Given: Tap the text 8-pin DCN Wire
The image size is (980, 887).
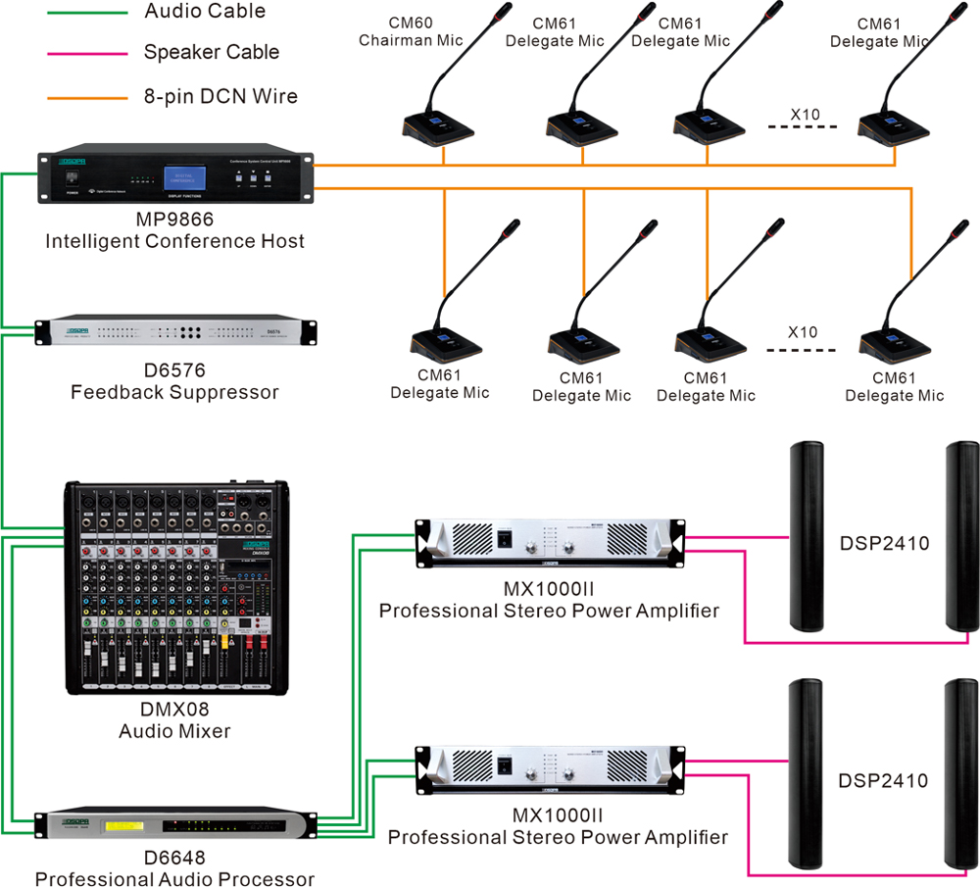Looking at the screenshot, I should [220, 97].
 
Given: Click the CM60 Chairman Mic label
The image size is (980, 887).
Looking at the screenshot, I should [410, 31].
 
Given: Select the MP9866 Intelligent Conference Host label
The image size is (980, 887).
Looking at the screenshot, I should [174, 230].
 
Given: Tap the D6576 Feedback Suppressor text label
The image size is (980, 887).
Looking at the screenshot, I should [174, 382].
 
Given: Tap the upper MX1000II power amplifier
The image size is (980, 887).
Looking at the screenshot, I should [549, 543].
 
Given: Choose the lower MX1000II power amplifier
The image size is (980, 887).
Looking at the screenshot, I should [549, 768].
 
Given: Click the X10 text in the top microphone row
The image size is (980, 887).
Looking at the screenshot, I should [805, 116].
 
